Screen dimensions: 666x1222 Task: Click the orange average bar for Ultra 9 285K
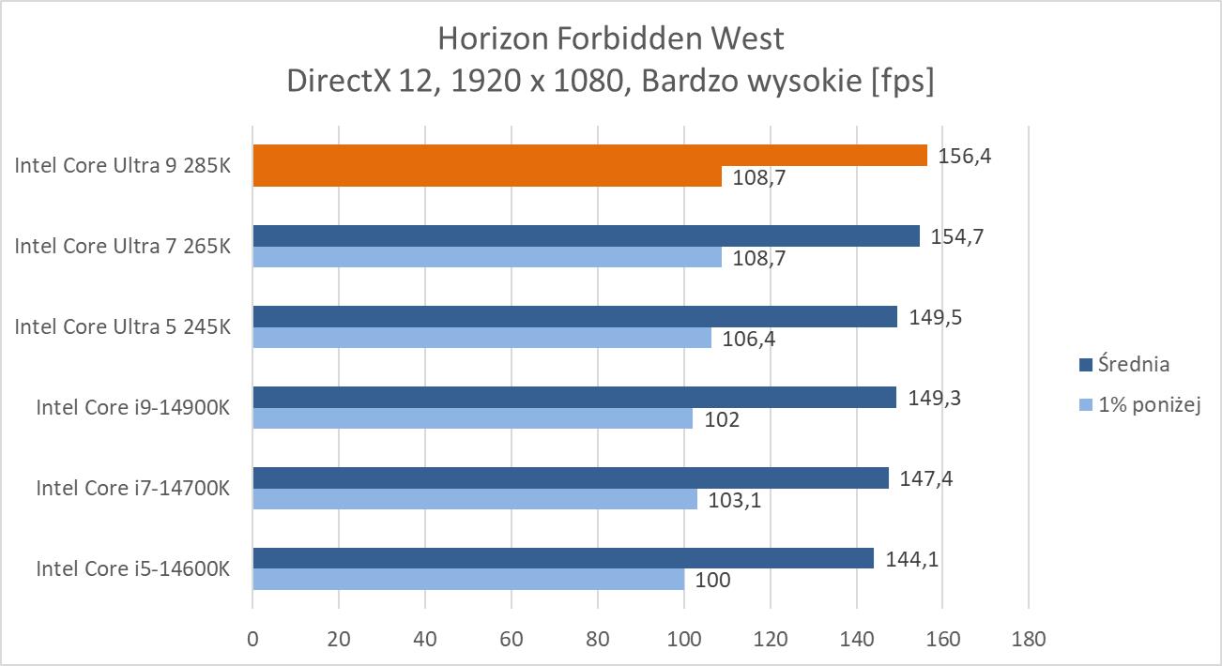589,155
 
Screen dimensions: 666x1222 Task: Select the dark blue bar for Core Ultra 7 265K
586,235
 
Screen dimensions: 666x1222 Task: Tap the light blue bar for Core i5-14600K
468,580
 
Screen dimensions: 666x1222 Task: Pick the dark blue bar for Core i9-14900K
574,398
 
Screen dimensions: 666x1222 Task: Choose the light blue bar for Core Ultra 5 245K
481,337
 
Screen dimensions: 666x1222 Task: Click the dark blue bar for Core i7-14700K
570,478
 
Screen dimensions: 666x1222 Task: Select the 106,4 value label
748,338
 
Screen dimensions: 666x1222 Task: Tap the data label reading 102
721,419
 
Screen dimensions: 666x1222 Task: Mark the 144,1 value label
912,560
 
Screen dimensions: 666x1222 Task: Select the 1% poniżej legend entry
1140,405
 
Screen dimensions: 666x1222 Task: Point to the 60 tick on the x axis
512,640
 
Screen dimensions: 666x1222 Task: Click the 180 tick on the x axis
1029,640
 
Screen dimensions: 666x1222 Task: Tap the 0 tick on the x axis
252,640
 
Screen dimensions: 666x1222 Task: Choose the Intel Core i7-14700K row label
133,488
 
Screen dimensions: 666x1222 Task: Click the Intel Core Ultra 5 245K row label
122,326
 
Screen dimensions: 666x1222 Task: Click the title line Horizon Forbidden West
610,38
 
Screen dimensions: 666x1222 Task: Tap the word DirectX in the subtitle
339,82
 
